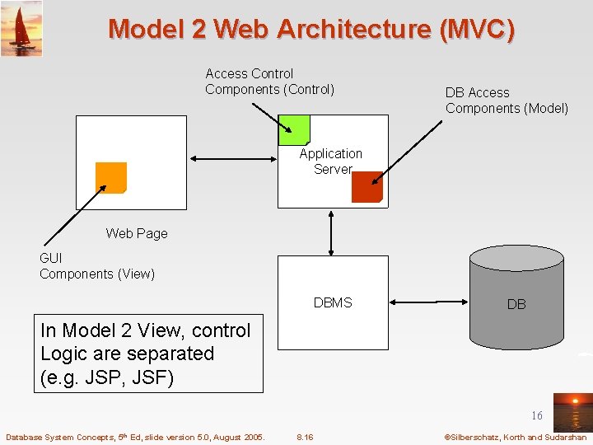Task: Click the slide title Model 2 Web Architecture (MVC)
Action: point(311,29)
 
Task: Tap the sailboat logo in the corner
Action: point(21,29)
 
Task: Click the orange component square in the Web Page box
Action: point(111,177)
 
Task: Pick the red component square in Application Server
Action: point(367,187)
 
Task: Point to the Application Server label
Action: point(331,162)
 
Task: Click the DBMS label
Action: point(333,302)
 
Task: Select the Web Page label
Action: point(137,233)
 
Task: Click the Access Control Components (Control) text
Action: point(269,82)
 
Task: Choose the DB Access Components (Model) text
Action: point(507,101)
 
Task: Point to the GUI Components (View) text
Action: point(97,266)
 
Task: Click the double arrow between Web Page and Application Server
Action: point(231,159)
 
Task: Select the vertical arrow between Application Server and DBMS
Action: point(331,232)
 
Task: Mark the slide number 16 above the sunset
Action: point(537,416)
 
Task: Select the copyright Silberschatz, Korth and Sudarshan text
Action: point(515,437)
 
